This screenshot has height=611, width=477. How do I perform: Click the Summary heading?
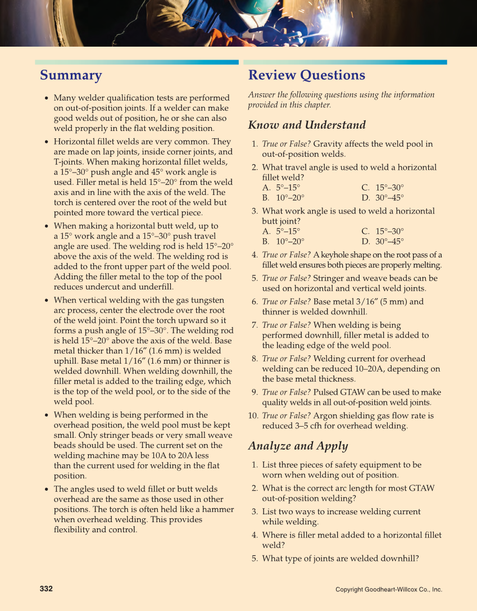(x=71, y=75)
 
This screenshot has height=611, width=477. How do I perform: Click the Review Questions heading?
(x=306, y=75)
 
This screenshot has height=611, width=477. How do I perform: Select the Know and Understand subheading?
(x=307, y=125)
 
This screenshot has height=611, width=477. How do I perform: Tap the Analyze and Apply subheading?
(x=298, y=446)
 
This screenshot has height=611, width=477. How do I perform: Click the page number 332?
(x=46, y=589)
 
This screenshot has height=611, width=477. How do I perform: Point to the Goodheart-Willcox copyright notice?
(x=389, y=589)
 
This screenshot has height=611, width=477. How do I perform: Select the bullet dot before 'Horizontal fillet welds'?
(x=47, y=142)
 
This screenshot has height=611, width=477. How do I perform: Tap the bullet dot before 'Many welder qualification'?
(x=47, y=98)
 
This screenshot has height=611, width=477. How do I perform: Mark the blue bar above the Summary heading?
(x=137, y=62)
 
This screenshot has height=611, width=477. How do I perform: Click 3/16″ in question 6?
(x=366, y=302)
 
